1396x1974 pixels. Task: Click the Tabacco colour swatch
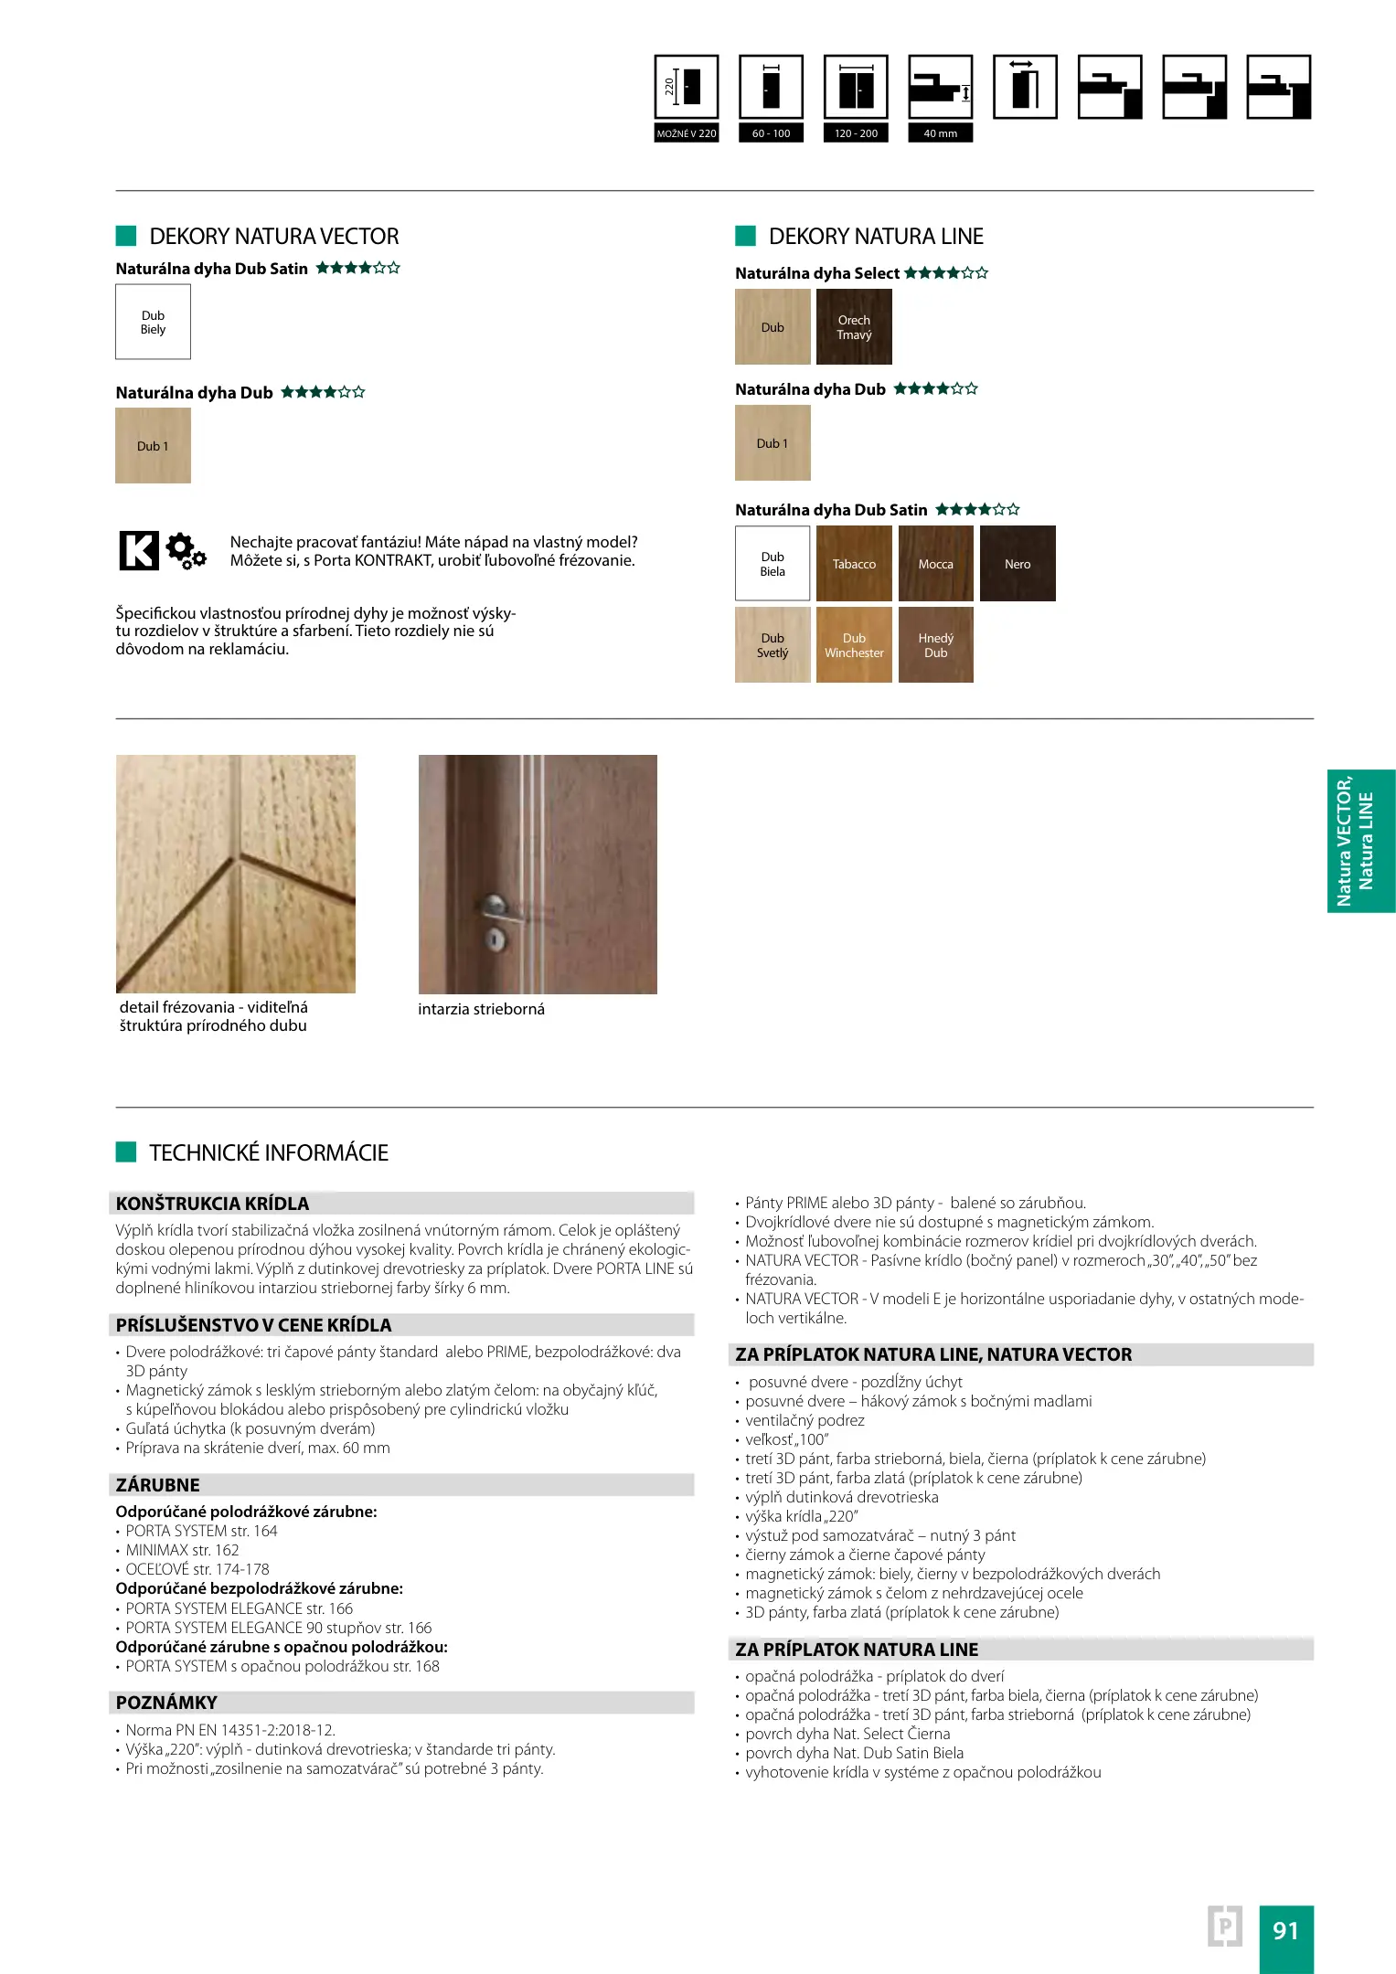854,563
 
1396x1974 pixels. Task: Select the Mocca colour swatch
935,563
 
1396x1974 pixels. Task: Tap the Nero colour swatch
1018,563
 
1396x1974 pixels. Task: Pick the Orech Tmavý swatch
854,326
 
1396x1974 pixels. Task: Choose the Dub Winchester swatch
854,645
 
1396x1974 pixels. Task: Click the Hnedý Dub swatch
935,645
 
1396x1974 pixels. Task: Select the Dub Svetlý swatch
773,645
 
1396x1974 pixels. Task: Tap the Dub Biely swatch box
153,322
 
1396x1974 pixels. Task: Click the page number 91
1285,1930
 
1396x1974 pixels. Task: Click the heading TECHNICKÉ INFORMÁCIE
269,1152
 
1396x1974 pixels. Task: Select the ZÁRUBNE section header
158,1485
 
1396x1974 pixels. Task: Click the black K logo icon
139,550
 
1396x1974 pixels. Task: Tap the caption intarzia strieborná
481,1009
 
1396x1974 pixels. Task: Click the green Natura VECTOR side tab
1360,841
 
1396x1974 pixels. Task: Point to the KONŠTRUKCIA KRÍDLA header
212,1204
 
